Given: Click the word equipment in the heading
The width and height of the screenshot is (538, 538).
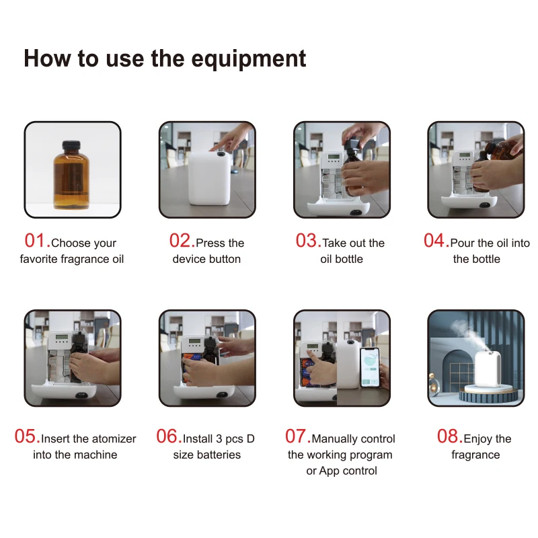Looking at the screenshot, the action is [x=248, y=59].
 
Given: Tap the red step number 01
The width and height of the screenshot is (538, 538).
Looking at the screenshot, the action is [x=35, y=241].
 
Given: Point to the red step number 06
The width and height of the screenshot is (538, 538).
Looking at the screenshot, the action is [x=166, y=436].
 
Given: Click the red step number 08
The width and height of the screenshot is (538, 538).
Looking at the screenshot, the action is [x=447, y=436].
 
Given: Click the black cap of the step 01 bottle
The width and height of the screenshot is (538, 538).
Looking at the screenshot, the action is [x=71, y=145].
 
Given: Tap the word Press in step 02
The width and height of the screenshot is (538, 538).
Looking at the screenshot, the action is [x=210, y=243].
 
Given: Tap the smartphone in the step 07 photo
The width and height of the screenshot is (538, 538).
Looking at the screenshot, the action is [x=370, y=367].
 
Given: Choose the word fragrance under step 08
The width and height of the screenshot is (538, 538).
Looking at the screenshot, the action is [x=475, y=455].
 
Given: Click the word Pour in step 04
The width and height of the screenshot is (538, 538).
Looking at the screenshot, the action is [x=462, y=243].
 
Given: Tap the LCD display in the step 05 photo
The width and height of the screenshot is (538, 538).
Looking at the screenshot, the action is [x=62, y=337].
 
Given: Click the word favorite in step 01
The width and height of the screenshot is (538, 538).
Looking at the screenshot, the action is [x=39, y=259].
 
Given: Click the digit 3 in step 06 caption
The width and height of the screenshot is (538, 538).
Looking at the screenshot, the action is [x=219, y=439].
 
